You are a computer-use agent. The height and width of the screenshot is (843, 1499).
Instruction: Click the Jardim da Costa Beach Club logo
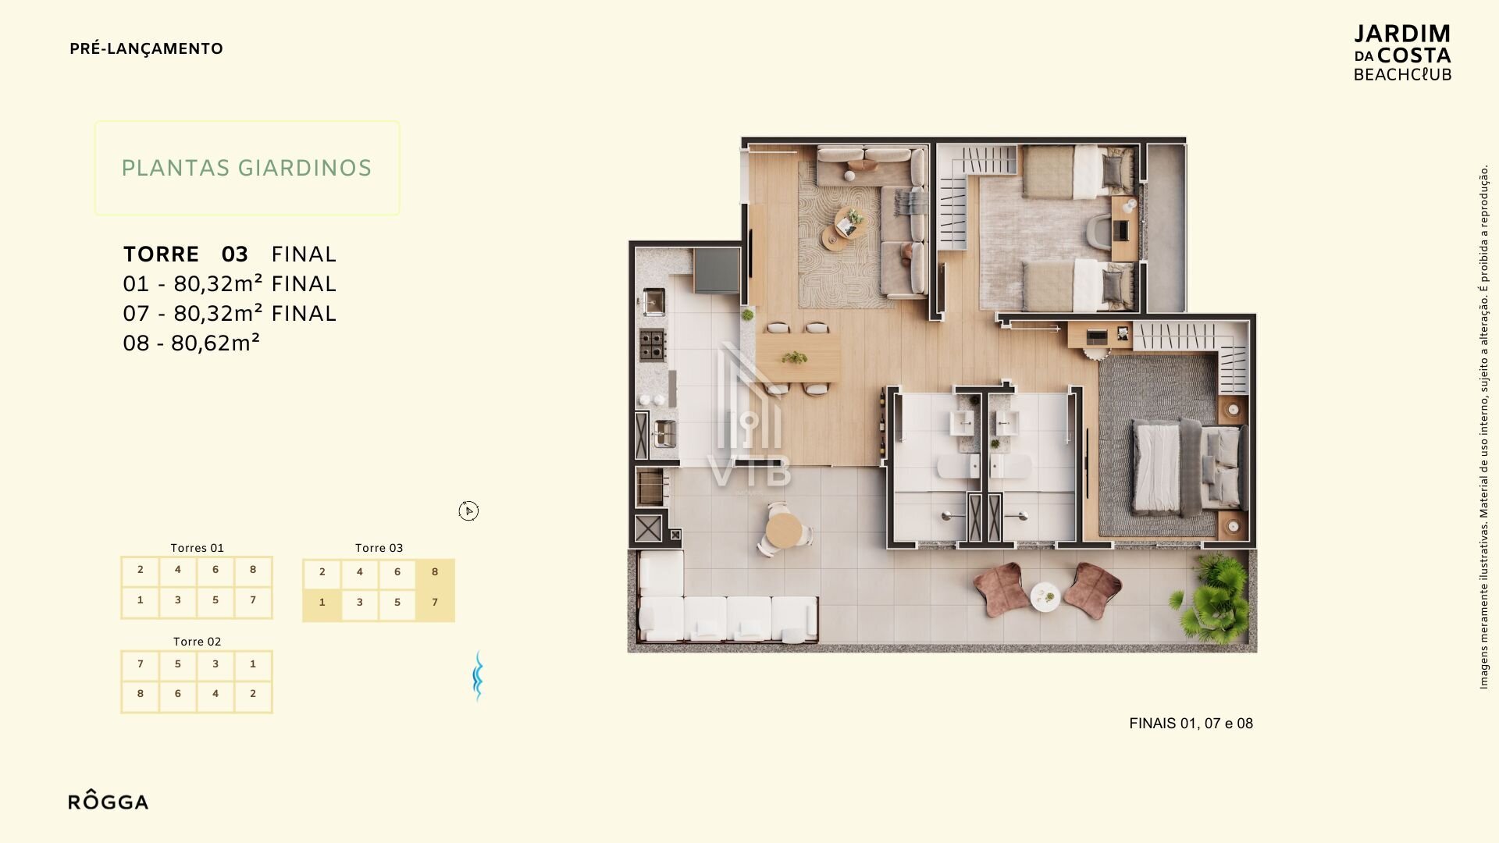[1402, 53]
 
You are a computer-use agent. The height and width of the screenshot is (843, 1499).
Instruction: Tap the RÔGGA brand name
[108, 801]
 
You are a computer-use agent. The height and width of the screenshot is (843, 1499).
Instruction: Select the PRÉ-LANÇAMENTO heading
[146, 48]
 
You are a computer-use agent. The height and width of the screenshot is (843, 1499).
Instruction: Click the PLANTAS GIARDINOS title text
[247, 168]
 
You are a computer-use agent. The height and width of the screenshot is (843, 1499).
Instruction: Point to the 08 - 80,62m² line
[191, 343]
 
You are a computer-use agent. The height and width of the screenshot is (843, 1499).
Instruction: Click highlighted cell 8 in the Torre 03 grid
[435, 572]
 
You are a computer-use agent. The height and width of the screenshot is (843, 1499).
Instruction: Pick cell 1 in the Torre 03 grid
[322, 603]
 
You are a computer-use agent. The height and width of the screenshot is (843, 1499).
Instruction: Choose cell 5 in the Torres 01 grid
[215, 600]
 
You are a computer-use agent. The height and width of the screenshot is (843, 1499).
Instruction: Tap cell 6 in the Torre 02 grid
[178, 694]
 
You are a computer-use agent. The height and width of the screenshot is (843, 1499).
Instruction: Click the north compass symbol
[468, 510]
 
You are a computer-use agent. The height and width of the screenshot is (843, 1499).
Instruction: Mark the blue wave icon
[478, 676]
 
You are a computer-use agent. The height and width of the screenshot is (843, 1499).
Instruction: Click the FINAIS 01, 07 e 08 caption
[1191, 724]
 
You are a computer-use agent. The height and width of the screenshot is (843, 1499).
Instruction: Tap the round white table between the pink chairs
[1045, 597]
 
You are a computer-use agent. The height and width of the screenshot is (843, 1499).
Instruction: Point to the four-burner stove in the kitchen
[653, 344]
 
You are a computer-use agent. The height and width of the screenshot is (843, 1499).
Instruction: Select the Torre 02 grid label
[197, 642]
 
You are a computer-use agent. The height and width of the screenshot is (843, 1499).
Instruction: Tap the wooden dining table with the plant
[798, 357]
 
